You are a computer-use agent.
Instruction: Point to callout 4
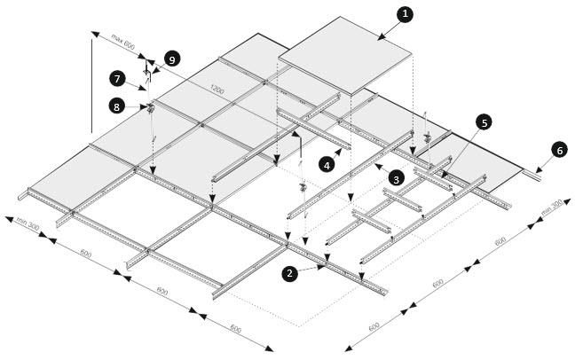pos(328,164)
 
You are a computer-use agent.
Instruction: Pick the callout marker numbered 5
pos(484,122)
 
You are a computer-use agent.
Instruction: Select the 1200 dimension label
pos(217,89)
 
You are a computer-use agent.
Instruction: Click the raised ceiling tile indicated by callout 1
pos(346,53)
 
